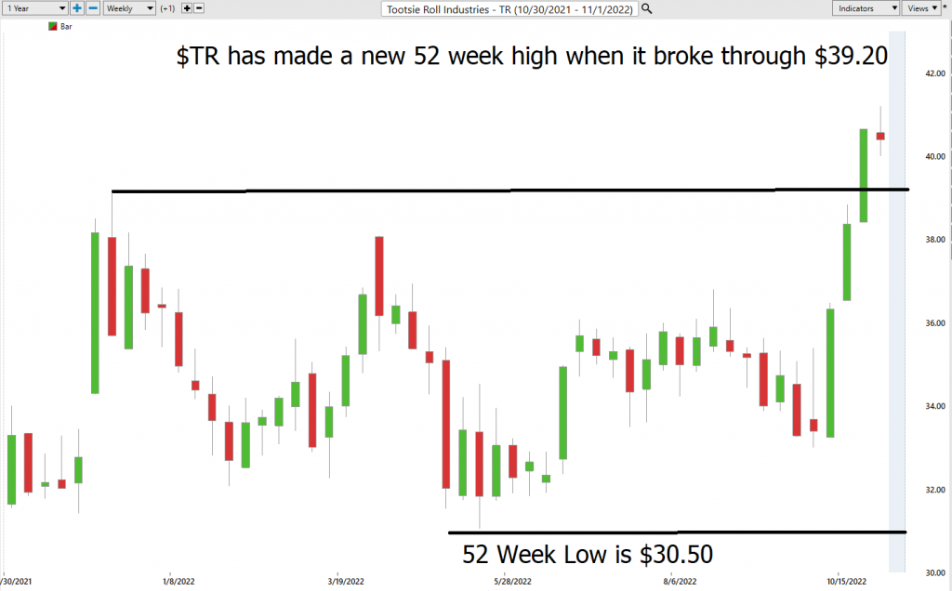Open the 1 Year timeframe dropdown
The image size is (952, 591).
point(34,8)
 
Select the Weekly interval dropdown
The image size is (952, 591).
point(128,8)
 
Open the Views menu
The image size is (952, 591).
point(920,8)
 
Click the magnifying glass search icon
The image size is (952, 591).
point(647,8)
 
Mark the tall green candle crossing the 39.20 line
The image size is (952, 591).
point(864,176)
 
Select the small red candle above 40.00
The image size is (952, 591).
point(880,136)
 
